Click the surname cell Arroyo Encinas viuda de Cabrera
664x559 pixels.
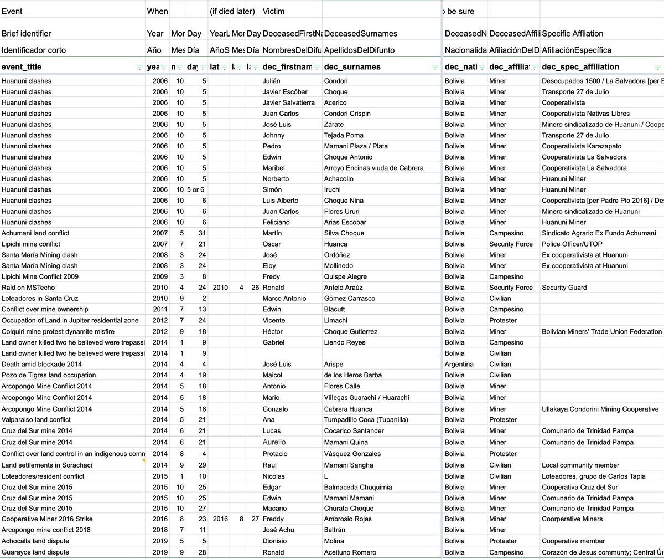[x=373, y=168]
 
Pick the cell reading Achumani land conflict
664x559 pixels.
[x=35, y=233]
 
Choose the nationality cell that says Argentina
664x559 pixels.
[x=459, y=365]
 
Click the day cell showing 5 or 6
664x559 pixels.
[x=195, y=189]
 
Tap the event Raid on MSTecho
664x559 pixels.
[x=28, y=288]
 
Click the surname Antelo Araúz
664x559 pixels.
[x=344, y=288]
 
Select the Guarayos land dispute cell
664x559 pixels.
[x=35, y=552]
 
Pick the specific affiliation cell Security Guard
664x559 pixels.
[x=564, y=288]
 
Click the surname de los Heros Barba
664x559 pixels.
[x=353, y=375]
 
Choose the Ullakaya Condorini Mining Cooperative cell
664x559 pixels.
[x=600, y=409]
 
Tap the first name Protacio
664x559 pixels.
[x=275, y=454]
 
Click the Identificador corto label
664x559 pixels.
[x=34, y=50]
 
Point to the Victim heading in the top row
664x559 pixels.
[x=274, y=11]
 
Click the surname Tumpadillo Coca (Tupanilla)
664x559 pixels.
[x=366, y=419]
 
